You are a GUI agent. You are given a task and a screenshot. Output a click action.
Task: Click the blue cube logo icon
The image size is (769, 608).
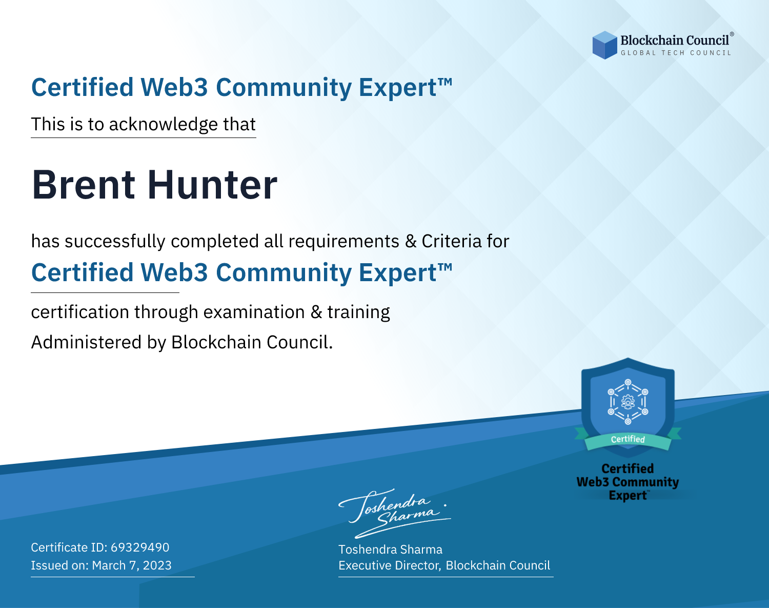pos(604,45)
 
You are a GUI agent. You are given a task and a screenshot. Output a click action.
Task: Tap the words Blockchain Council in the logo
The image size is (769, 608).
pos(675,41)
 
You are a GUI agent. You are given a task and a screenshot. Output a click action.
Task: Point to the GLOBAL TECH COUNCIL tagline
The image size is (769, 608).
pos(676,53)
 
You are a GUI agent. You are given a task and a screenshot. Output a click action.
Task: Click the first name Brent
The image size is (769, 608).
pos(84,185)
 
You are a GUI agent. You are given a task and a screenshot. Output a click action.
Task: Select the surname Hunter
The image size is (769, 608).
pos(212,185)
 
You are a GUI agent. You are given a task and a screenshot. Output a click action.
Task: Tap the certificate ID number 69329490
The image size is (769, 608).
pos(140,547)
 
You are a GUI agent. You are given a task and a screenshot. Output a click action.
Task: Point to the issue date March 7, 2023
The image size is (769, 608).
pos(132,565)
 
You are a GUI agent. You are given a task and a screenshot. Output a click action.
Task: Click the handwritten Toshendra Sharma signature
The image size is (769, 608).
pos(395,513)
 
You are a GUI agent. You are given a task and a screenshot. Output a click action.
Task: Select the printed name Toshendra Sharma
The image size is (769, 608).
pos(390,550)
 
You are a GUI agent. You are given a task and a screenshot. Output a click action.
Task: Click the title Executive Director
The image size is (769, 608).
pos(389,565)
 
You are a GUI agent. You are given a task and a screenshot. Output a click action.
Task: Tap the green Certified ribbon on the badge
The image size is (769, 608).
pos(628,440)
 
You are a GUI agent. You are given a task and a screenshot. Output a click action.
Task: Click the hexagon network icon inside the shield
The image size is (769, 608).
pos(628,402)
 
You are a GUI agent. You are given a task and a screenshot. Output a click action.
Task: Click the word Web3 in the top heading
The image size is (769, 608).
pos(174,87)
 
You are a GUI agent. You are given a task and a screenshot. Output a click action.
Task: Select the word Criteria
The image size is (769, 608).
pos(451,241)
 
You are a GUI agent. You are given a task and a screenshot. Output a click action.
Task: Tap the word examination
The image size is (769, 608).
pos(254,312)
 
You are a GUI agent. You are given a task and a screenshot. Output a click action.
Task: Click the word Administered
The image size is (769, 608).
pos(87,342)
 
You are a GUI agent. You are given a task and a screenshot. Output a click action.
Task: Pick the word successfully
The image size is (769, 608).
pos(115,242)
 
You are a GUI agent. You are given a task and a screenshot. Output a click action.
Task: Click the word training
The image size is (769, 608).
pos(358,312)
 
